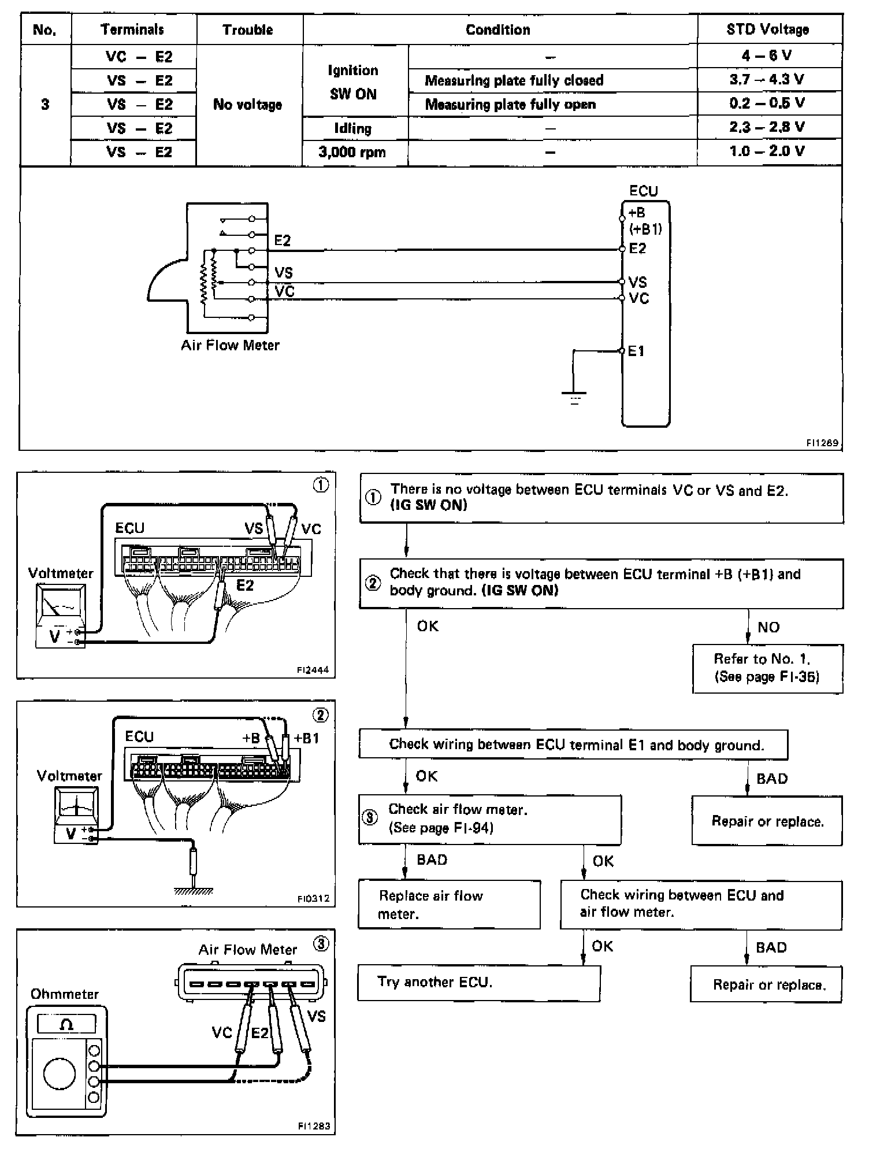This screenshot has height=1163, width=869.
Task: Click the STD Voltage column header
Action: pyautogui.click(x=767, y=29)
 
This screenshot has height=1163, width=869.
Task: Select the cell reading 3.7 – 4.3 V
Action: pyautogui.click(x=767, y=80)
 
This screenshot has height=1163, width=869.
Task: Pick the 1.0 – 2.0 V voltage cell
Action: pyautogui.click(x=767, y=151)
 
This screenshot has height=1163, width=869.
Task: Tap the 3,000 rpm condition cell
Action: pyautogui.click(x=352, y=153)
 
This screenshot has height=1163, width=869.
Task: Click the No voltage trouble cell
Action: pyautogui.click(x=247, y=105)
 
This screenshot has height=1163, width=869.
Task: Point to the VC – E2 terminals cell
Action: pyautogui.click(x=139, y=57)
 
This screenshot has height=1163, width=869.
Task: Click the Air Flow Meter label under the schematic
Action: pyautogui.click(x=230, y=345)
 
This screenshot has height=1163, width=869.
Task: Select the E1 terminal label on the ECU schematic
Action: pyautogui.click(x=636, y=351)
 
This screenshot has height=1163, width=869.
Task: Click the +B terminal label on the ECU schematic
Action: pyautogui.click(x=636, y=213)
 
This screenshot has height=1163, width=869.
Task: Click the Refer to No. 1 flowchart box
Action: pyautogui.click(x=767, y=668)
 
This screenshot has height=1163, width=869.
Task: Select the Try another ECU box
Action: pyautogui.click(x=479, y=983)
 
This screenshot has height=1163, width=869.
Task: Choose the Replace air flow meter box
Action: pyautogui.click(x=450, y=905)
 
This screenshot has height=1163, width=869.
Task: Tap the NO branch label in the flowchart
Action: pyautogui.click(x=768, y=627)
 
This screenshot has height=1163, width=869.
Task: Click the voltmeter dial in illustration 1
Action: pyautogui.click(x=60, y=605)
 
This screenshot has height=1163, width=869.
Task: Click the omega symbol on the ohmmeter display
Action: pyautogui.click(x=66, y=1024)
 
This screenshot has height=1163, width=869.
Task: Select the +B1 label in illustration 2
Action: pyautogui.click(x=306, y=738)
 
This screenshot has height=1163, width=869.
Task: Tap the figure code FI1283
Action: pyautogui.click(x=314, y=1125)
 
